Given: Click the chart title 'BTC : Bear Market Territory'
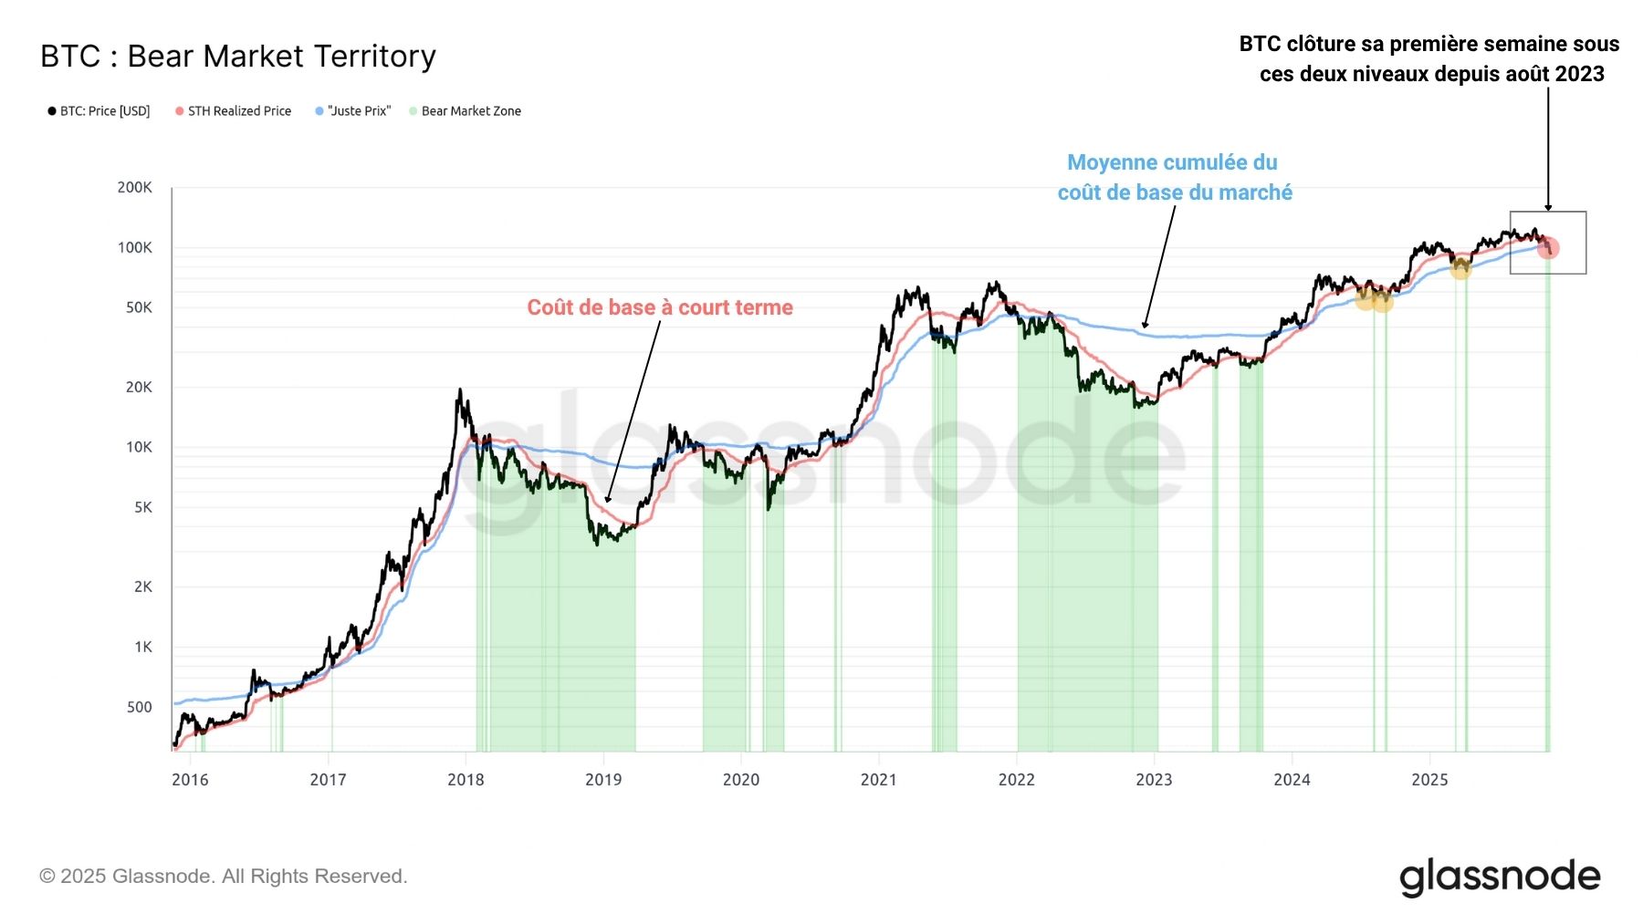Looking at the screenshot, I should pyautogui.click(x=238, y=57).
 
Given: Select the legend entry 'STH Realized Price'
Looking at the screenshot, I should pyautogui.click(x=239, y=111).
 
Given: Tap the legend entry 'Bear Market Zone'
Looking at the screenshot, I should pyautogui.click(x=471, y=111).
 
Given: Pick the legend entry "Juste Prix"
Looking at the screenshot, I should pyautogui.click(x=359, y=111).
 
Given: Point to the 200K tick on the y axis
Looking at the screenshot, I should pyautogui.click(x=135, y=188).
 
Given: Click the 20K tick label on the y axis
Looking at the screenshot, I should pyautogui.click(x=139, y=388).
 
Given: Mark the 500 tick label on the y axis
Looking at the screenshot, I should pyautogui.click(x=140, y=707).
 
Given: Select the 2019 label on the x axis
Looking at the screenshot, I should pyautogui.click(x=603, y=780).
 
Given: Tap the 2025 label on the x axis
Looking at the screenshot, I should pyautogui.click(x=1429, y=780).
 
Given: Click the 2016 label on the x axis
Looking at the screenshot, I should pyautogui.click(x=190, y=780).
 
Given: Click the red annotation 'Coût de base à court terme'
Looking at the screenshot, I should pyautogui.click(x=660, y=307).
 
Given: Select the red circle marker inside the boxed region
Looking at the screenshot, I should pyautogui.click(x=1548, y=248).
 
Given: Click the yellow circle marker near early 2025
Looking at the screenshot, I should pyautogui.click(x=1460, y=268).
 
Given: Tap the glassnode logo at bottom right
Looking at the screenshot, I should pyautogui.click(x=1500, y=877).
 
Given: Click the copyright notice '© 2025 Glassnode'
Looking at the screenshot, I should pyautogui.click(x=223, y=877).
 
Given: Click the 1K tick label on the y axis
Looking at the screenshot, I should pyautogui.click(x=143, y=648).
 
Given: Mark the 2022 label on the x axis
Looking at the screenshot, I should pyautogui.click(x=1016, y=780).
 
